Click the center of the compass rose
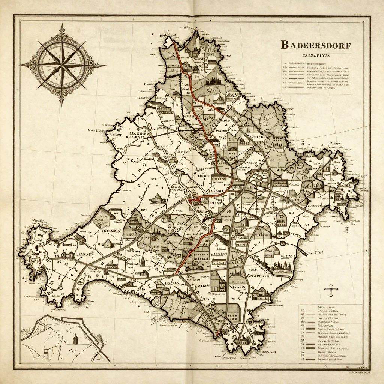[x=62, y=65]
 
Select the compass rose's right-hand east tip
[x=106, y=66]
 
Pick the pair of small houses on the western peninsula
[x=68, y=254]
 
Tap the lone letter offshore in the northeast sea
[x=332, y=144]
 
